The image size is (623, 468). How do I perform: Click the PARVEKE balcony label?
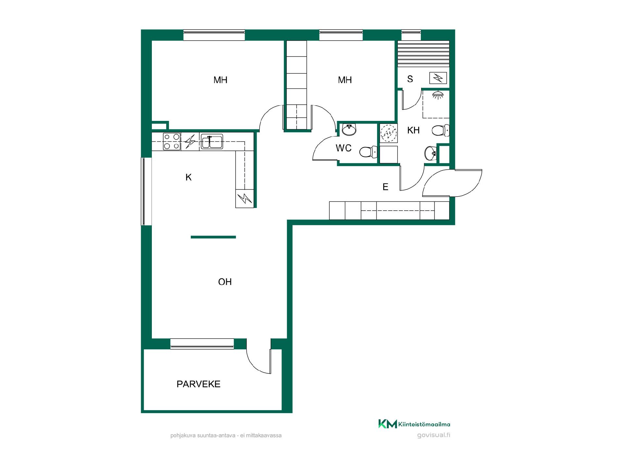198,384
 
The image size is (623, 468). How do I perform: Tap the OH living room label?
225,282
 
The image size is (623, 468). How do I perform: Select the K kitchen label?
189,177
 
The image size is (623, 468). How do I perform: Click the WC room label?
344,148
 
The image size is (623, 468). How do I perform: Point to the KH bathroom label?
413,130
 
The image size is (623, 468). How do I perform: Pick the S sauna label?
410,79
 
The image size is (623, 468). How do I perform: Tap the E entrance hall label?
385,187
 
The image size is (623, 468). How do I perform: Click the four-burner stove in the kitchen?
172,141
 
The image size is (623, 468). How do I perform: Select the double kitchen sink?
212,141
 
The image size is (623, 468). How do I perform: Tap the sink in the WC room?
349,129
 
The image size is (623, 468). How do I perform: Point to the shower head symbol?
438,95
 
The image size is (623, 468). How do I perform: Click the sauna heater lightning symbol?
438,78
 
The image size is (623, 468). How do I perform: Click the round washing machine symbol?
388,133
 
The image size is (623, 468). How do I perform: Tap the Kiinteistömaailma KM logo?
387,424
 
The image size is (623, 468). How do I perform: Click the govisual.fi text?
434,435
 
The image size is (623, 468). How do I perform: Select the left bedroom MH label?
220,80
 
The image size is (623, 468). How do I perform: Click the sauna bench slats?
423,54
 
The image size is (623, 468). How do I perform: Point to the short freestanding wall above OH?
213,237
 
